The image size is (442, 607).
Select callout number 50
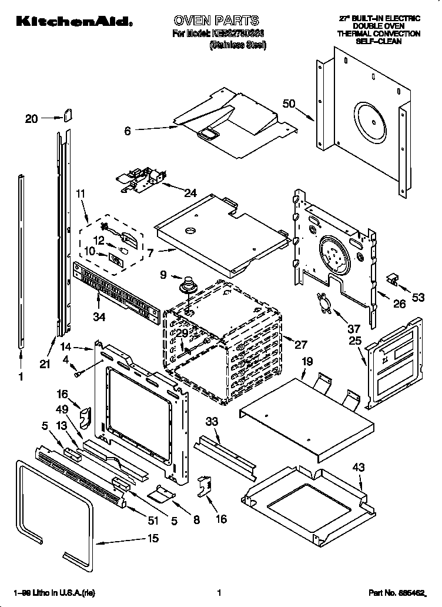click(x=289, y=104)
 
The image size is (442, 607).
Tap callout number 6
click(x=128, y=131)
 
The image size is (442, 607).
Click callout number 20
click(x=32, y=119)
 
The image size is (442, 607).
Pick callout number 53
click(x=418, y=298)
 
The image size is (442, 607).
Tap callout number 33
click(x=212, y=421)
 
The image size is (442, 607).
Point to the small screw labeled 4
click(x=78, y=372)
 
